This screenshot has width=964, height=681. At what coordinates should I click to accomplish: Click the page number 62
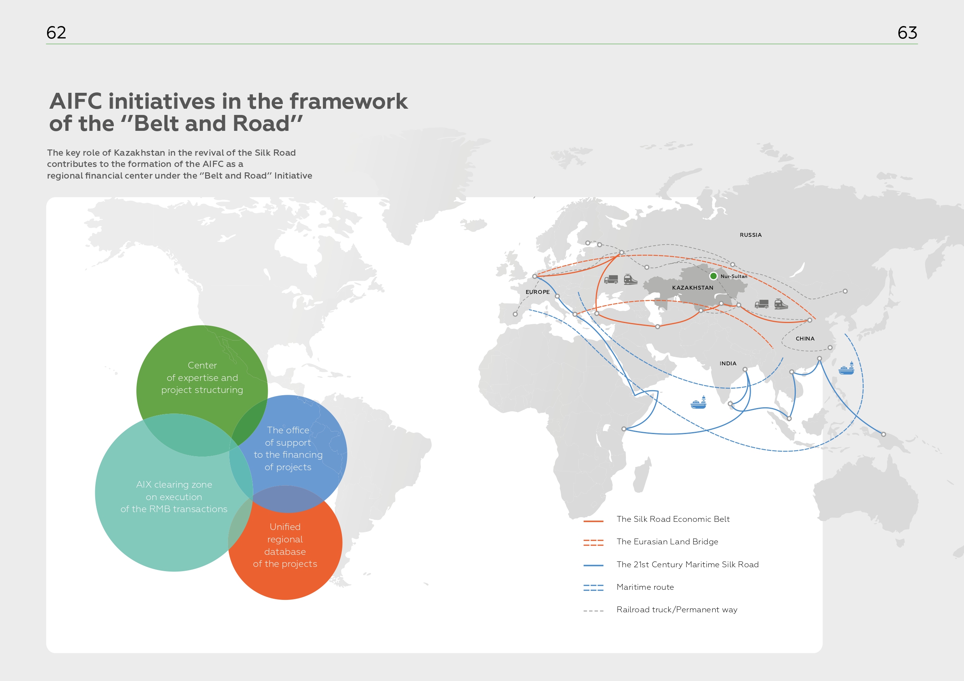(56, 33)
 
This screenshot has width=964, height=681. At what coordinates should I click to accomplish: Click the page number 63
(907, 33)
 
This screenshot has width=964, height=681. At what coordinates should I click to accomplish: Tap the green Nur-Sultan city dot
(713, 276)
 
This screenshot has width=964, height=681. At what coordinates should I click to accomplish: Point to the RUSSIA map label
(750, 235)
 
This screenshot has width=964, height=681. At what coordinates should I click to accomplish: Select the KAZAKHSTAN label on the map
(692, 288)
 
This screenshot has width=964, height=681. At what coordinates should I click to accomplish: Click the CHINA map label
(805, 339)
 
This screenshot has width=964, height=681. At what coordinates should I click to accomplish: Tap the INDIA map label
(728, 363)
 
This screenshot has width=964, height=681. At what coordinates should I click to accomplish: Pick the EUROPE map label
(537, 292)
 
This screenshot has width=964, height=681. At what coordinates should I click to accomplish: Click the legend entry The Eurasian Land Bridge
(667, 542)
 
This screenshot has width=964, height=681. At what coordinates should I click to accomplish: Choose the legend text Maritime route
(645, 587)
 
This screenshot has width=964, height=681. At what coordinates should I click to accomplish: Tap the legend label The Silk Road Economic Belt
(673, 519)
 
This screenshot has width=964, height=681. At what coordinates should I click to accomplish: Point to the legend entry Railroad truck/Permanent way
(677, 610)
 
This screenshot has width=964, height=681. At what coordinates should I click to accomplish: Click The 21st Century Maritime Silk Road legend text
(687, 565)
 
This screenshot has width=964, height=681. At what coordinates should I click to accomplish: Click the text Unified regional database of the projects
(285, 545)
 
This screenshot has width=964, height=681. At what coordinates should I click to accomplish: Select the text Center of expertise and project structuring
(202, 378)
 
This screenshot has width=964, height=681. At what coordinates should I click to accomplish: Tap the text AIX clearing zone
(174, 485)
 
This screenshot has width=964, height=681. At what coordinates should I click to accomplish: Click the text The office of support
(288, 436)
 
